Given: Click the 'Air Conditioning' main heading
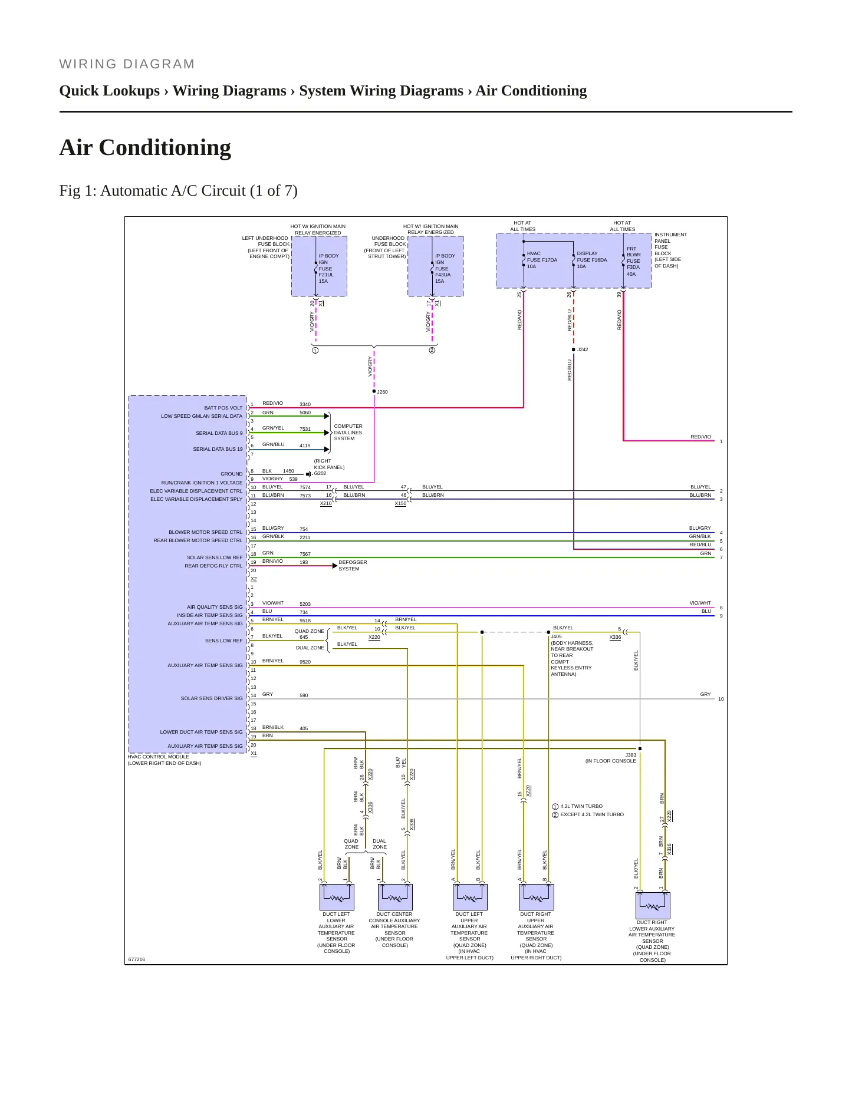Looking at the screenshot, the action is pyautogui.click(x=145, y=147).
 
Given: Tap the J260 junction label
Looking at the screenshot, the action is pyautogui.click(x=383, y=392).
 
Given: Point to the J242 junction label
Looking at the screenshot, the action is pyautogui.click(x=583, y=349).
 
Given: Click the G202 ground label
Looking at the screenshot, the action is pyautogui.click(x=320, y=473).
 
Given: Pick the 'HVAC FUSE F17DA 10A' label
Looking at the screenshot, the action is pyautogui.click(x=542, y=260).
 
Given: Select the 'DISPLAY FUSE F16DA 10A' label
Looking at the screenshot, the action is pyautogui.click(x=592, y=260).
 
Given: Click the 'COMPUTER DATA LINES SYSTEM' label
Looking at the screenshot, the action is pyautogui.click(x=348, y=433).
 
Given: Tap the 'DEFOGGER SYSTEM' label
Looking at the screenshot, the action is pyautogui.click(x=353, y=566).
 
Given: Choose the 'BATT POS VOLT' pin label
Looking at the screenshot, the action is pyautogui.click(x=223, y=408).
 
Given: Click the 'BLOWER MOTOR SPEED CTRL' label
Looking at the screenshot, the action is pyautogui.click(x=206, y=532).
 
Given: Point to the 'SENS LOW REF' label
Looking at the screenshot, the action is pyautogui.click(x=224, y=641).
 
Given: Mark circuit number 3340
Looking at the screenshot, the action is pyautogui.click(x=305, y=405).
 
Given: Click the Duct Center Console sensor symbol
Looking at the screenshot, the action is pyautogui.click(x=395, y=897).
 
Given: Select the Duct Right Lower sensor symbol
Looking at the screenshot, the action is pyautogui.click(x=653, y=905).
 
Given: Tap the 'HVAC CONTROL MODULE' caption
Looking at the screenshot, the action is pyautogui.click(x=159, y=757).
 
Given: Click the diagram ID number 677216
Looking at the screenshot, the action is pyautogui.click(x=137, y=959).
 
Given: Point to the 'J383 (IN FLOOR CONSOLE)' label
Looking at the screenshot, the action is pyautogui.click(x=611, y=758).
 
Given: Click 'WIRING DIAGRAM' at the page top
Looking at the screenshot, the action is pyautogui.click(x=127, y=64).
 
